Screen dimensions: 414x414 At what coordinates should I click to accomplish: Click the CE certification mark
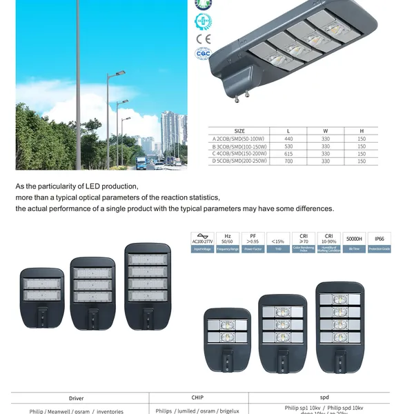coord(203,39)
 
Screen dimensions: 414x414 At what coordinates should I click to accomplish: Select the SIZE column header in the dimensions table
coord(240,130)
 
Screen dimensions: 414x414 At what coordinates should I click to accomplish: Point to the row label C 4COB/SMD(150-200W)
coord(241,153)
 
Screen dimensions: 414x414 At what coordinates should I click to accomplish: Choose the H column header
coord(362,130)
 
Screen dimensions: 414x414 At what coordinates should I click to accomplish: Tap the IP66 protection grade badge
coord(379,242)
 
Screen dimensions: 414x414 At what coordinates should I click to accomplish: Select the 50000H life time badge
coord(354,242)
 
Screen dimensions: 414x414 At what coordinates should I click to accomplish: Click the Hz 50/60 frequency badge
coord(228,242)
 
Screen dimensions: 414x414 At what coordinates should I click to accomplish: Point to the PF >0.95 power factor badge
coord(253,242)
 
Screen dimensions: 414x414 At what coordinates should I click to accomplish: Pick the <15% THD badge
coord(278,242)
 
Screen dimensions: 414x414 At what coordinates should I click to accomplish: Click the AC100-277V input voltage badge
coord(202,242)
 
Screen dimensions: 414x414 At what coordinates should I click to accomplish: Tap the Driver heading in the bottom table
coord(76,399)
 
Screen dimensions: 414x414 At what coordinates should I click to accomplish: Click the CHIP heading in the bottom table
coord(197,398)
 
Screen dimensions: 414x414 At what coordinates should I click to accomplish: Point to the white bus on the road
coord(141,162)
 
